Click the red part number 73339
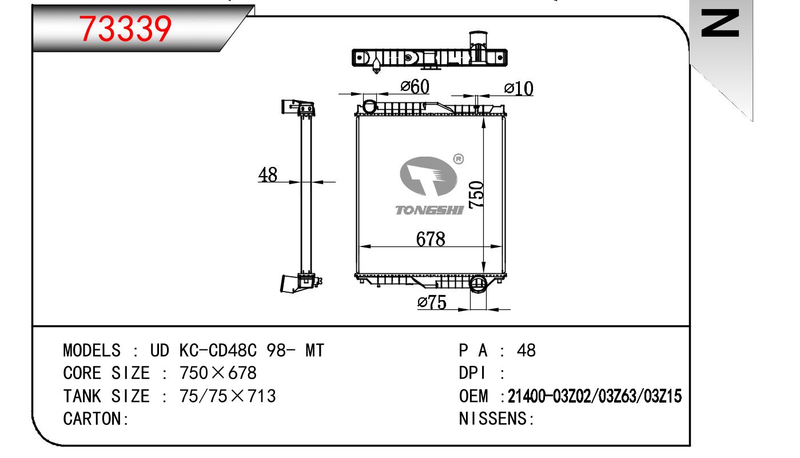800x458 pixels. click(126, 29)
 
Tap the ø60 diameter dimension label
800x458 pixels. click(415, 87)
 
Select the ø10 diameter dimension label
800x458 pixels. click(519, 89)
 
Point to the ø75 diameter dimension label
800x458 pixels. click(432, 303)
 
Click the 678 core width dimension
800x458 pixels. click(430, 238)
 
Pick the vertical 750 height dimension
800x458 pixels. click(476, 194)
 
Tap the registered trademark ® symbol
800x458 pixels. click(458, 159)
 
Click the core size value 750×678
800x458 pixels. click(218, 373)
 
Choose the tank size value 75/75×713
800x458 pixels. click(228, 396)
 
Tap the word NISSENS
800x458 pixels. click(495, 419)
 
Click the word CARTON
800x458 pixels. click(94, 419)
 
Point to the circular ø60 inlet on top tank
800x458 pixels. click(369, 106)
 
